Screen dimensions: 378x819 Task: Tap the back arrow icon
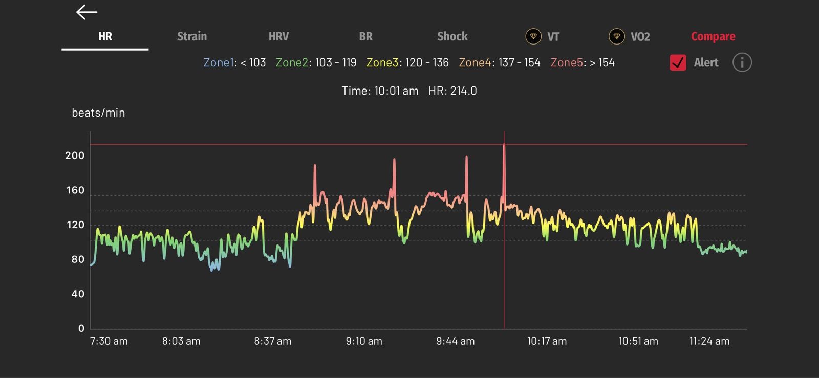click(87, 12)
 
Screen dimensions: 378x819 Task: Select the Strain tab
click(192, 36)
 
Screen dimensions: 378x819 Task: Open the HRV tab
click(278, 36)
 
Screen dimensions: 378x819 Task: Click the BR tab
click(365, 36)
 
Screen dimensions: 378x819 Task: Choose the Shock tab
click(452, 36)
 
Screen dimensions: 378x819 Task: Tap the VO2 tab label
click(640, 36)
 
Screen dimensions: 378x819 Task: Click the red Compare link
click(713, 36)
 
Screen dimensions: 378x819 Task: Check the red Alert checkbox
click(678, 62)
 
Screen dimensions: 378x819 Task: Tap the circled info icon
click(742, 62)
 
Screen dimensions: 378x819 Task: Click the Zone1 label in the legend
click(219, 62)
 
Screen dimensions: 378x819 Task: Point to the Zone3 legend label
click(382, 62)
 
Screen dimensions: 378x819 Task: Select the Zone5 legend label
click(567, 62)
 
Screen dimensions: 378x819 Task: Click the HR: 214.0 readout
click(452, 91)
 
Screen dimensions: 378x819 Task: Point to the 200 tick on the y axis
click(75, 155)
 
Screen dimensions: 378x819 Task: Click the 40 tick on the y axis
click(78, 294)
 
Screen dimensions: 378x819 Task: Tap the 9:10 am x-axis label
click(364, 341)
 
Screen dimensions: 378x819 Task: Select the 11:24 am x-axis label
click(709, 341)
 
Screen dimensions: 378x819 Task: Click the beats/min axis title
click(98, 113)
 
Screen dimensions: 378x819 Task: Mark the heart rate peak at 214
click(504, 145)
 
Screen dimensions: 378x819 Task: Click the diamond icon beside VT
click(533, 36)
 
